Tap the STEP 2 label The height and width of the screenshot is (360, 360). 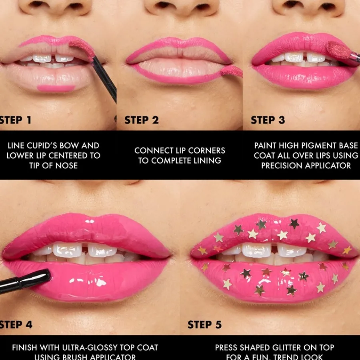point(142,120)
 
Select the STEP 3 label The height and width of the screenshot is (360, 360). point(268,120)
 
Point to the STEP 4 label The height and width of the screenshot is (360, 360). point(16,324)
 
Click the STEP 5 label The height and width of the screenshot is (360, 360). point(204,324)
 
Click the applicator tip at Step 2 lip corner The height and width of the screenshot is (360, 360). point(232,71)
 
